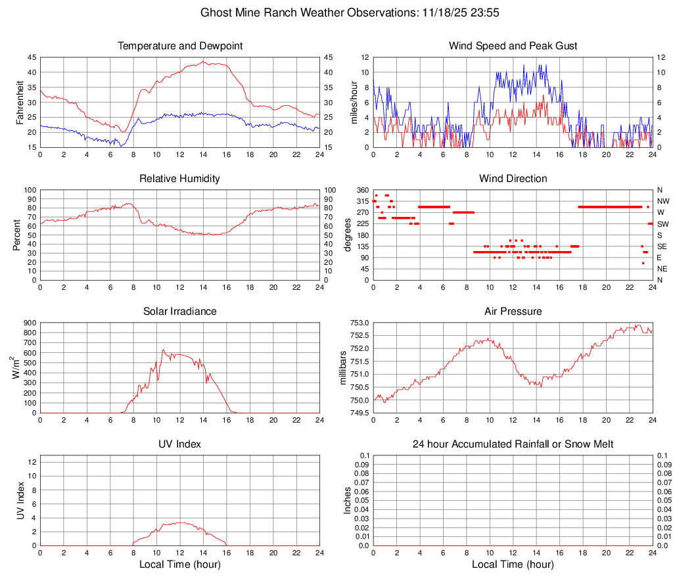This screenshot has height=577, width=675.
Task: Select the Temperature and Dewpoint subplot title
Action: (180, 46)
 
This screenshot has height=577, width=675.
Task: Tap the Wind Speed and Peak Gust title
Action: (513, 46)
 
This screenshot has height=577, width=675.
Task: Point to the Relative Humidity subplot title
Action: (180, 179)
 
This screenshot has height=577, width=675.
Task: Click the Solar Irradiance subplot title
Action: (180, 312)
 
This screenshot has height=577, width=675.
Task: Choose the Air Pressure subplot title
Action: (513, 312)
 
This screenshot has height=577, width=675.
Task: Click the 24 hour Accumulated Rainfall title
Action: (513, 445)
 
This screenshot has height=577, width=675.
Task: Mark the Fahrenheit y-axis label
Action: (20, 102)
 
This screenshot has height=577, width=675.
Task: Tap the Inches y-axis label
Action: (348, 501)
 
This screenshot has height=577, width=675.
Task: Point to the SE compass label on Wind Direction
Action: (663, 246)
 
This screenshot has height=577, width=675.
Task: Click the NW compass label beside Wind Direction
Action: (664, 201)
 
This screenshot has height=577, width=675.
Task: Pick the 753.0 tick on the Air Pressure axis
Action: (360, 323)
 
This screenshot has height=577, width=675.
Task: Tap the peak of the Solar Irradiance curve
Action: (164, 350)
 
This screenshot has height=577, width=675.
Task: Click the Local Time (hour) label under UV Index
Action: (180, 565)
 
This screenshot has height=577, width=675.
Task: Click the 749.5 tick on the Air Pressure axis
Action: (360, 413)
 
